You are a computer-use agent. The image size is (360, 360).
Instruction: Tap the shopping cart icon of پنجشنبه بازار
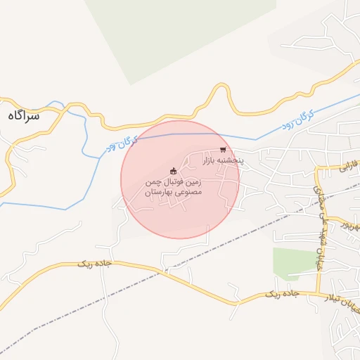(x=223, y=150)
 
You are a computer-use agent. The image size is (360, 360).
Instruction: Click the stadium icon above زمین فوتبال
(x=173, y=171)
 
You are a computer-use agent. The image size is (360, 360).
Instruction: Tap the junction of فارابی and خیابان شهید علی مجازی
(x=317, y=169)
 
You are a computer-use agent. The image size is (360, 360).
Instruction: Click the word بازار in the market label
(x=212, y=161)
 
